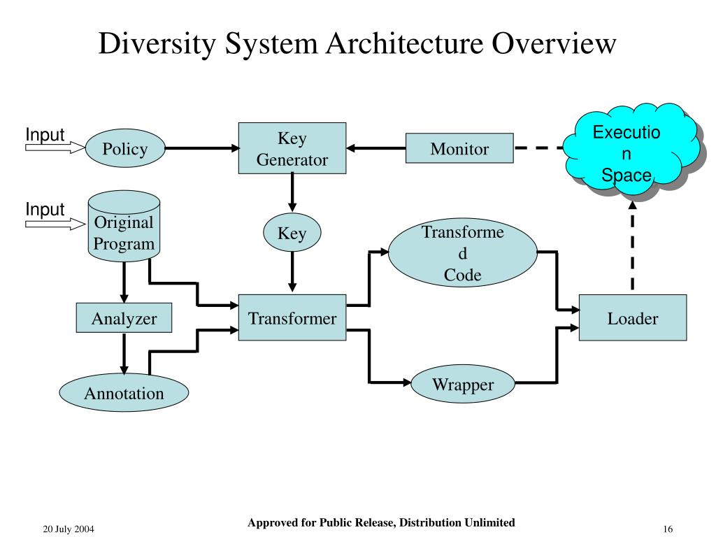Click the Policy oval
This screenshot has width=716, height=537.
pyautogui.click(x=125, y=148)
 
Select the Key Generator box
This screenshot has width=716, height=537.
pyautogui.click(x=292, y=148)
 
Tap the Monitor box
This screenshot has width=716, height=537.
pyautogui.click(x=459, y=148)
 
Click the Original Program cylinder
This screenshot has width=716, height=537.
pyautogui.click(x=124, y=226)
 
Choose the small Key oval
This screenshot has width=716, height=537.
pyautogui.click(x=292, y=232)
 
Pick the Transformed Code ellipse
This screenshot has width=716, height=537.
pyautogui.click(x=463, y=252)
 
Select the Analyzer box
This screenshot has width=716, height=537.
pyautogui.click(x=124, y=318)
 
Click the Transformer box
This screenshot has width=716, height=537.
pyautogui.click(x=292, y=317)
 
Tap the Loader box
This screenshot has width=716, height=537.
pyautogui.click(x=632, y=318)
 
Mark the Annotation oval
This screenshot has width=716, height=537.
pyautogui.click(x=124, y=393)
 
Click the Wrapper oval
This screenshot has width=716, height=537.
pyautogui.click(x=463, y=384)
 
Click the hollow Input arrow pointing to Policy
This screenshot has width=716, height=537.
pyautogui.click(x=55, y=148)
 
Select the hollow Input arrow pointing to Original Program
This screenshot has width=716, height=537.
pyautogui.click(x=55, y=224)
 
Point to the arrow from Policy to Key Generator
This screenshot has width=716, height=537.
pyautogui.click(x=202, y=148)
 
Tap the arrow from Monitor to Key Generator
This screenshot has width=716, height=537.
pyautogui.click(x=375, y=148)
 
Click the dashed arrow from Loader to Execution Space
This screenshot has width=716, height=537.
pyautogui.click(x=632, y=245)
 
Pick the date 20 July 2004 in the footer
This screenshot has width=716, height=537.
pyautogui.click(x=69, y=529)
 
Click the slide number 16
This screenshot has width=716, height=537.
pyautogui.click(x=668, y=529)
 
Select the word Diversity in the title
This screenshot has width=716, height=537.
pyautogui.click(x=157, y=44)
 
